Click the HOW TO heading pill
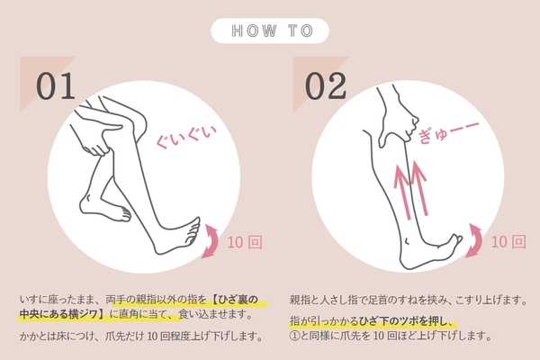270,31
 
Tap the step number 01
56,85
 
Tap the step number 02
326,85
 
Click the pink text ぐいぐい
186,136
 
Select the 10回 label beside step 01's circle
245,242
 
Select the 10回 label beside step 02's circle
508,242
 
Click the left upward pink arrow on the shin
402,192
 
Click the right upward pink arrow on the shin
419,188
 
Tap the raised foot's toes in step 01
193,229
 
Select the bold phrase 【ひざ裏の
234,300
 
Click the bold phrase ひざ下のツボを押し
400,321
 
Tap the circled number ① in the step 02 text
294,336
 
